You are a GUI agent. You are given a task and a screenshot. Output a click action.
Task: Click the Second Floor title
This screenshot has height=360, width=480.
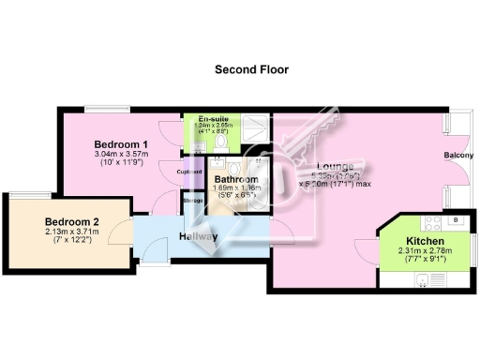coord(251,69)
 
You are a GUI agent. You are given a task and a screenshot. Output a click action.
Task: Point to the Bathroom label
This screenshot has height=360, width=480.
coord(235,179)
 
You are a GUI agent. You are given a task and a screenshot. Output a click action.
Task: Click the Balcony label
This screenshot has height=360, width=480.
coord(458,156)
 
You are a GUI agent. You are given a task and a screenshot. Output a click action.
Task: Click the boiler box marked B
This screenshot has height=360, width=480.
coord(456,221)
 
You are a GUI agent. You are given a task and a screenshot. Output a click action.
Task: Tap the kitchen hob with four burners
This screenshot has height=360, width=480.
coord(434,224)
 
